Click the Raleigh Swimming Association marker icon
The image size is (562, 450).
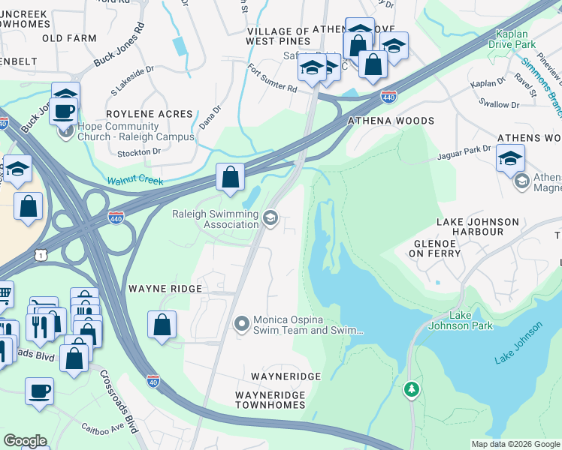tap(270, 218)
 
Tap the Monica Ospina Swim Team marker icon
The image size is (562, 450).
tap(241, 324)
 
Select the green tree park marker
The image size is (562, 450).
tap(411, 389)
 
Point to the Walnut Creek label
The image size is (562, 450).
tap(134, 181)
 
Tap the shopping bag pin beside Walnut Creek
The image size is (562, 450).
tap(231, 178)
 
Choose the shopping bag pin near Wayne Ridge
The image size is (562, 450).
tap(162, 325)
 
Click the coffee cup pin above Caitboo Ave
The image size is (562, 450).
tap(39, 390)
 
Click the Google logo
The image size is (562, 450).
tap(24, 441)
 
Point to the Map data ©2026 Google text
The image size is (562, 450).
tap(515, 444)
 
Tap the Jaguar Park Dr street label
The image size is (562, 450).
tap(464, 156)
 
